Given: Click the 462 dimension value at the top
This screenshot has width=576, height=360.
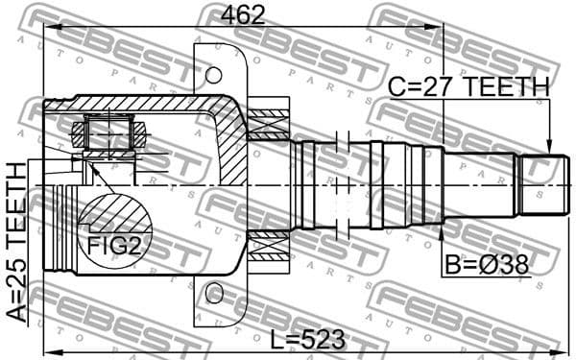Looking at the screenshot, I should [244, 14].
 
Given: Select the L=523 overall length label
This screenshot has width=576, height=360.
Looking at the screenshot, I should [307, 340].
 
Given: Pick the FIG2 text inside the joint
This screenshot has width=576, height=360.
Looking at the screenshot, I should [114, 247].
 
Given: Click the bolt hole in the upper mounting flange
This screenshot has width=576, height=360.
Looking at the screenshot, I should [213, 74].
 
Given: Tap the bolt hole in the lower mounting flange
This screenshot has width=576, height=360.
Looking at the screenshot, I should [213, 291].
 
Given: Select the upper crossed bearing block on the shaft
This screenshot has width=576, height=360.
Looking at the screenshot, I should [268, 123].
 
